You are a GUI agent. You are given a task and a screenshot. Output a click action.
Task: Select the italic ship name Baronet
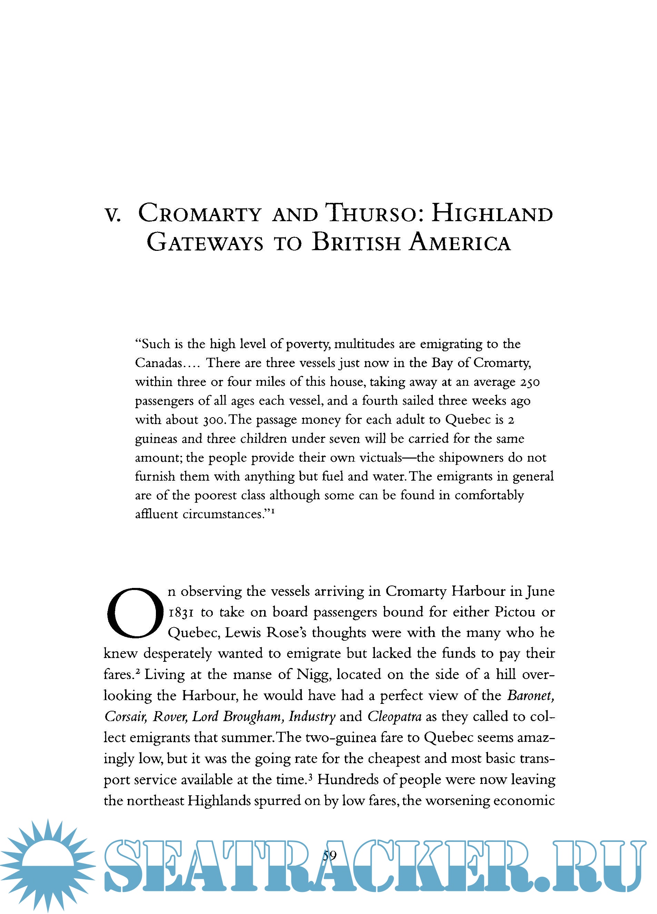(530, 696)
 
